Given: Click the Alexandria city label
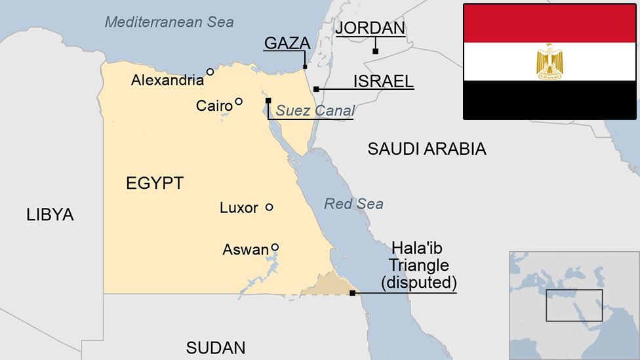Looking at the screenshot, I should coord(167,81).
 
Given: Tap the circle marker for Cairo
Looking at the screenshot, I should coord(239,102).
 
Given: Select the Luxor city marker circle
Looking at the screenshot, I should coord(269,207).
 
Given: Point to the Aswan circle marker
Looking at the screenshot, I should coord(275,247).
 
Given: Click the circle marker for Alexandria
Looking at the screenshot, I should coord(210,72).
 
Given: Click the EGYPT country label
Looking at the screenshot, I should coord(155,184).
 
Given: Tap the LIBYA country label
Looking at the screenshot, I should coord(50,214).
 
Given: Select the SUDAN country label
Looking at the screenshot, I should coord(216,348).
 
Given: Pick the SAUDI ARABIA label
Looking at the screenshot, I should coord(427,149).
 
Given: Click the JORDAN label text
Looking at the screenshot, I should coord(370,28).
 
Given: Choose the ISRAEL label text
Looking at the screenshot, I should coord(384,81).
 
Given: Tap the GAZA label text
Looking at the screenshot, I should coord(287,43).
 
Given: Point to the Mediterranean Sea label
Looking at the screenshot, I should coord(169,22).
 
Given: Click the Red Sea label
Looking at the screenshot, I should coord(353,204).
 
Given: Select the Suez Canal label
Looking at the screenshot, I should coord(315,111).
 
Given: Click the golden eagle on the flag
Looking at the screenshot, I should coord(550,62).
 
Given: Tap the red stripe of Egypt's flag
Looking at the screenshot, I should coord(550,23).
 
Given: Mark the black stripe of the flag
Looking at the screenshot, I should coord(550,100).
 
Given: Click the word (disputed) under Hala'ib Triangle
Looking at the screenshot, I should coord(419,283).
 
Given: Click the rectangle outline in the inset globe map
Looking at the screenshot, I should coord(574,290).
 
